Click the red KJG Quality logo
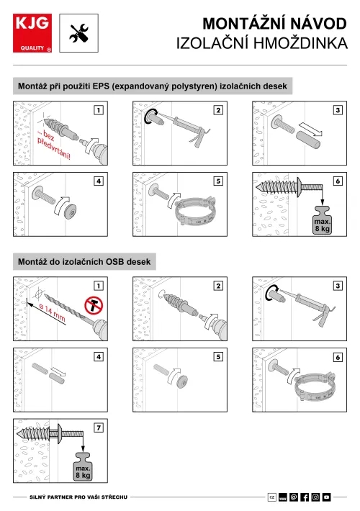(x=32, y=33)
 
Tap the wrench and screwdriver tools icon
(x=79, y=33)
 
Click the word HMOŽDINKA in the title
(x=300, y=43)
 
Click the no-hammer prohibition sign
(x=94, y=306)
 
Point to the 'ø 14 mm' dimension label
(x=52, y=312)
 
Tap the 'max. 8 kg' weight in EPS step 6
(x=322, y=221)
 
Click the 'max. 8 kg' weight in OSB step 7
(x=83, y=467)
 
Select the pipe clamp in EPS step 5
(x=195, y=212)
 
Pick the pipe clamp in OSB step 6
(x=315, y=387)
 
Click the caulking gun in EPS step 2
(x=189, y=130)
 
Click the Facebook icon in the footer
(x=305, y=497)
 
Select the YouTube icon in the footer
(x=326, y=497)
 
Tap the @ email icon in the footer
(x=294, y=497)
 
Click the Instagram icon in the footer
(x=315, y=497)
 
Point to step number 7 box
(x=99, y=428)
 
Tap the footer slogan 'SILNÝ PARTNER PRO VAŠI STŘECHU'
(x=78, y=497)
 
